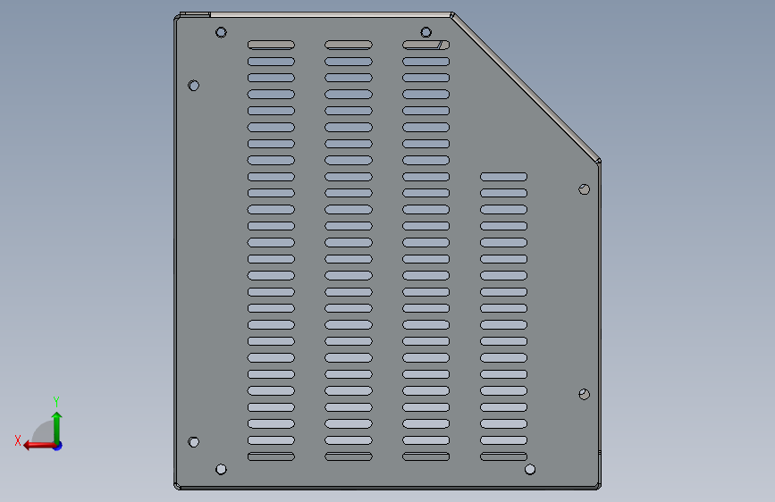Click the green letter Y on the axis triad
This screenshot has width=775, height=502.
(x=56, y=401)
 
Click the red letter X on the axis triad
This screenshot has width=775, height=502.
(x=18, y=440)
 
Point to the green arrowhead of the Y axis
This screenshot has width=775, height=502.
(x=57, y=416)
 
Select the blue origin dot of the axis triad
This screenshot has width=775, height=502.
(x=58, y=446)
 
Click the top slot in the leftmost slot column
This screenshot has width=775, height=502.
(x=271, y=45)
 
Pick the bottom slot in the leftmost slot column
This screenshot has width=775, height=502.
(x=271, y=456)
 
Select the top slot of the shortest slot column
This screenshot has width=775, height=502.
(x=503, y=177)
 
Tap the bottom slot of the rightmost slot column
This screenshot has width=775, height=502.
(x=503, y=456)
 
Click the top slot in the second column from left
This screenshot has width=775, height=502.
(x=349, y=45)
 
